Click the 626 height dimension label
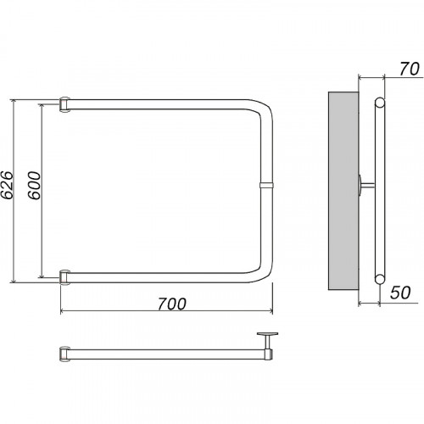[7, 185]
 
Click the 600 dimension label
[35, 186]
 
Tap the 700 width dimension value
[172, 304]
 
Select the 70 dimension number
[410, 69]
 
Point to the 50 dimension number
[400, 293]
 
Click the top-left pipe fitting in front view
[64, 104]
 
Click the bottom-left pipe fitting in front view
[64, 277]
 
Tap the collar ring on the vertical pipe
[266, 186]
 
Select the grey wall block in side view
[343, 191]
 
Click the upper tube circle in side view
[380, 103]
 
